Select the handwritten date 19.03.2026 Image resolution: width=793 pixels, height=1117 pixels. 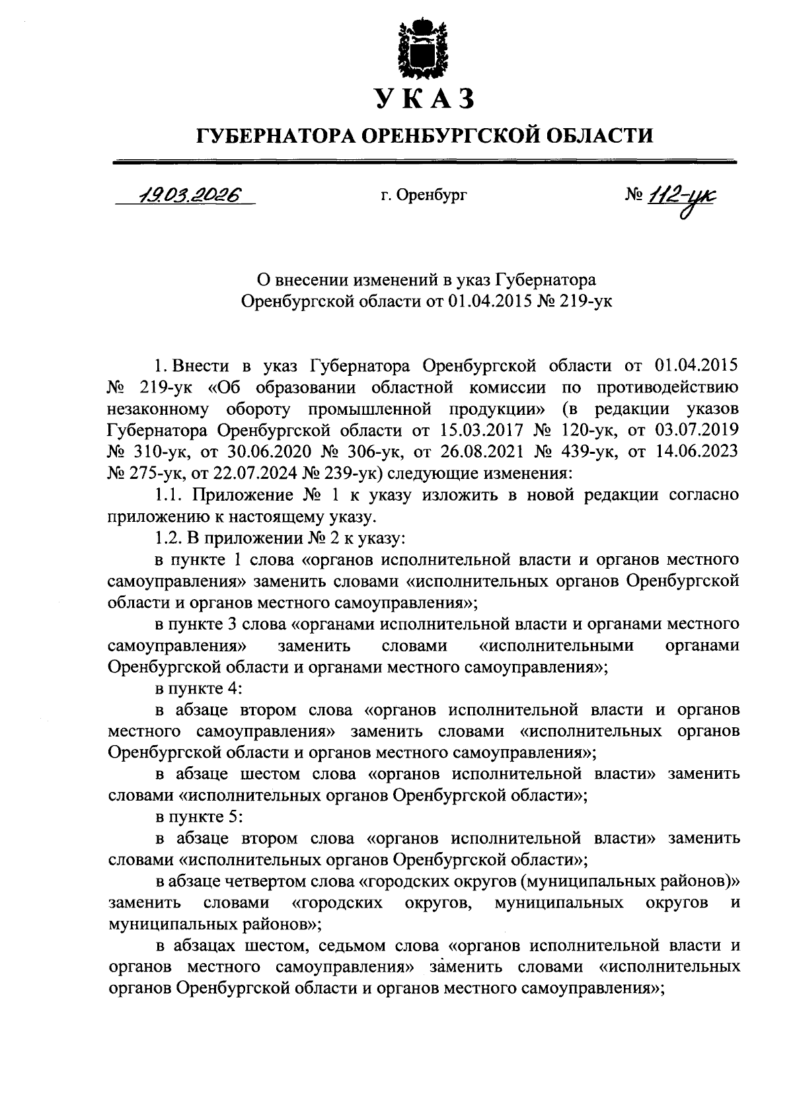pos(187,196)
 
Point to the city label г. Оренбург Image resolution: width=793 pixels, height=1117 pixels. pos(424,196)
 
